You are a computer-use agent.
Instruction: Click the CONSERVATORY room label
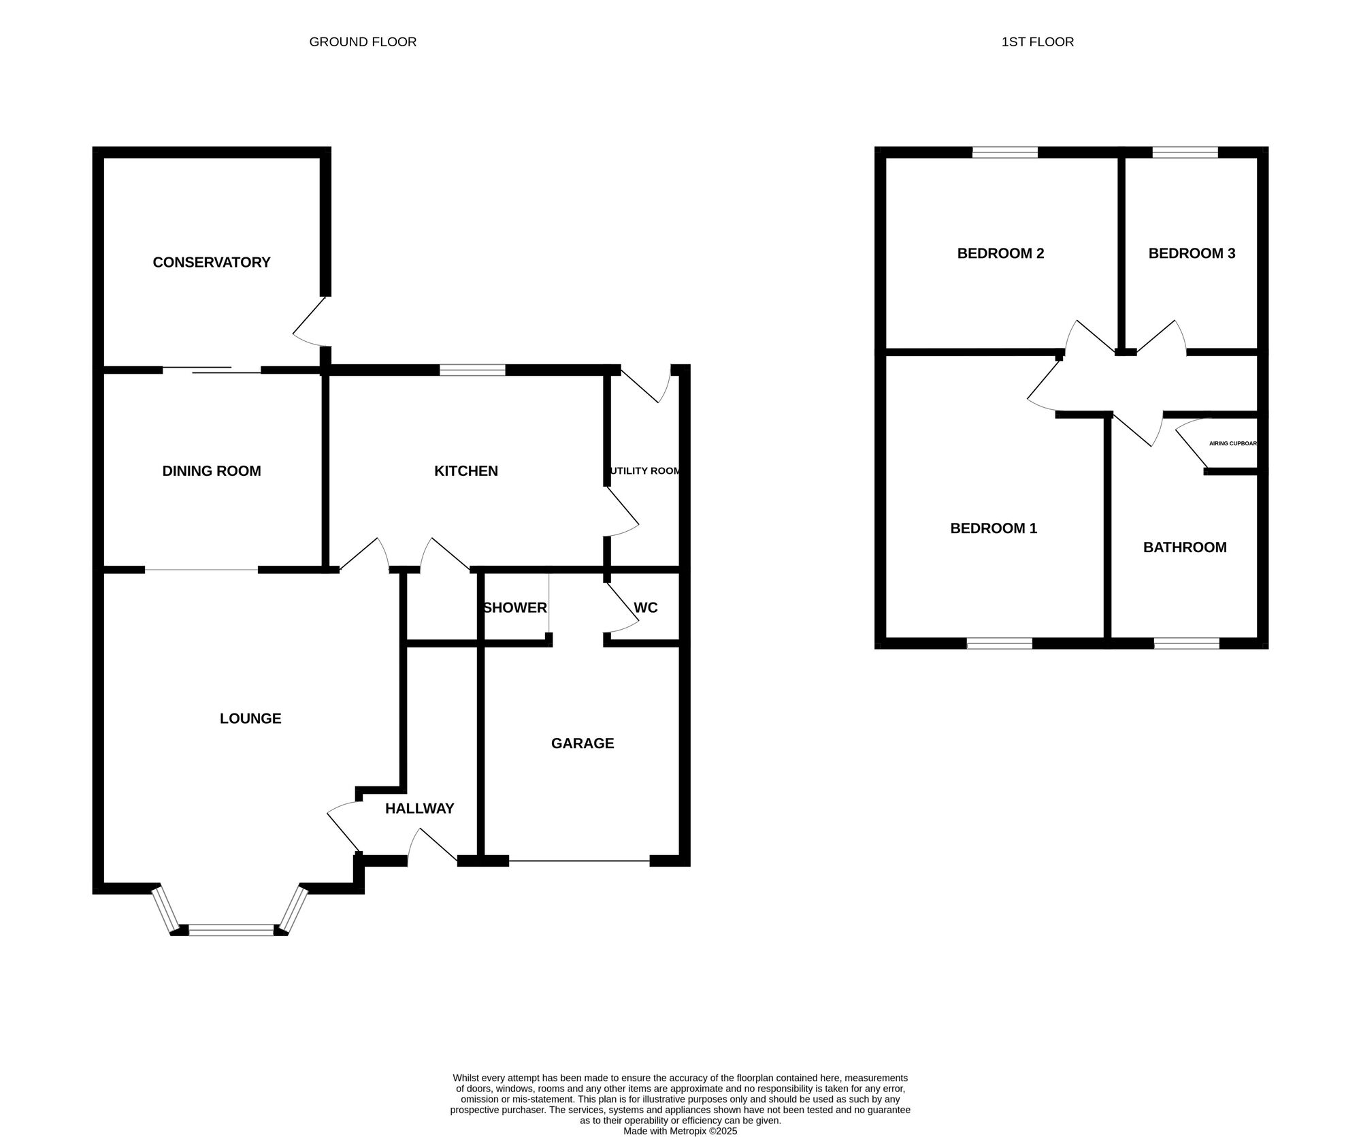click(212, 262)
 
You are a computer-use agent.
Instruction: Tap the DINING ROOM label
click(212, 471)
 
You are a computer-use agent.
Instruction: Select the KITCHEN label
click(466, 471)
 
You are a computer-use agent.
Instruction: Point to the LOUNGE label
click(250, 718)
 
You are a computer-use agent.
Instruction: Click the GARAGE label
click(583, 743)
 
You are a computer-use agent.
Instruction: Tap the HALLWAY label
click(419, 809)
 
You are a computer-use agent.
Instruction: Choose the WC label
click(646, 607)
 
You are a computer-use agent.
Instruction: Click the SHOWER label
click(515, 607)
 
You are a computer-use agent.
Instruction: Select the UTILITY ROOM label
click(645, 471)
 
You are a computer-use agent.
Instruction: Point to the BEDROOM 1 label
click(994, 528)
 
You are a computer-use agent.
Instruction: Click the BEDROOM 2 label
click(1000, 253)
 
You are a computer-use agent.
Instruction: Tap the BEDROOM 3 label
click(1192, 253)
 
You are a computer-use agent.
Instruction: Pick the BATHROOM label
click(1185, 547)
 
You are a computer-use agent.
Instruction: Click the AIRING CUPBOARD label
click(1233, 443)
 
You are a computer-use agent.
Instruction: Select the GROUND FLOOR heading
click(363, 42)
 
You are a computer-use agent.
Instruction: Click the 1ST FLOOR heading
click(1038, 42)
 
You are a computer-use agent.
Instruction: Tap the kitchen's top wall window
click(472, 370)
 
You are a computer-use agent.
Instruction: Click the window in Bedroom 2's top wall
click(1005, 153)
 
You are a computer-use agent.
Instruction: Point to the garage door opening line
click(579, 861)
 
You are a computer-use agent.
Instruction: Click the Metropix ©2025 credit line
click(680, 1131)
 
